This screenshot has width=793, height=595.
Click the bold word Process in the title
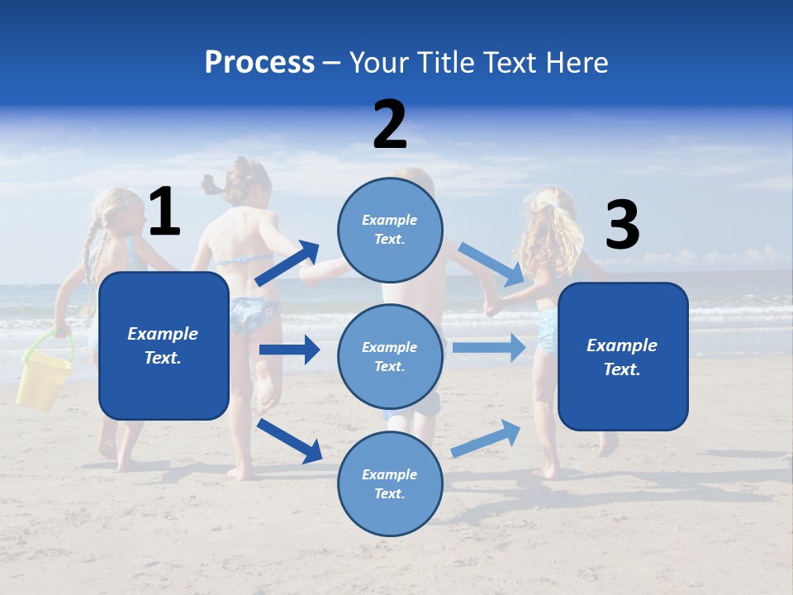[259, 62]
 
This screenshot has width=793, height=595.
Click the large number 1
[164, 212]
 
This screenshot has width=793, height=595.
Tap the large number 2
[390, 125]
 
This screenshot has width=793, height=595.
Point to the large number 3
[622, 225]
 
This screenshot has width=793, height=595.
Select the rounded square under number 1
[164, 345]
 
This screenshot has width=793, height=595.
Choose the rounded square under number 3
[623, 356]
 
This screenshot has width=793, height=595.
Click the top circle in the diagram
[390, 229]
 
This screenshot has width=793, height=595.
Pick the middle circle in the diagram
[390, 356]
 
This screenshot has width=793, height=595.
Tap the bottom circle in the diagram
[390, 483]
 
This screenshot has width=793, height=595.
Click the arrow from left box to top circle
[287, 264]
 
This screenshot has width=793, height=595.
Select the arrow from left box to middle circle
[289, 350]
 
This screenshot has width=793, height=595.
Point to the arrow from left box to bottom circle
[289, 440]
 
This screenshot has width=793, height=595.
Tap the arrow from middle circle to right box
[489, 347]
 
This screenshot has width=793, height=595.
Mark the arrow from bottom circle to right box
[487, 438]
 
